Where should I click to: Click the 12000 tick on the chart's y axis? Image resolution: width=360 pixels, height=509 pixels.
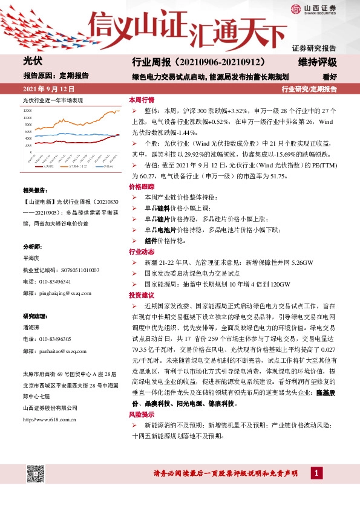pos(27,111)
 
